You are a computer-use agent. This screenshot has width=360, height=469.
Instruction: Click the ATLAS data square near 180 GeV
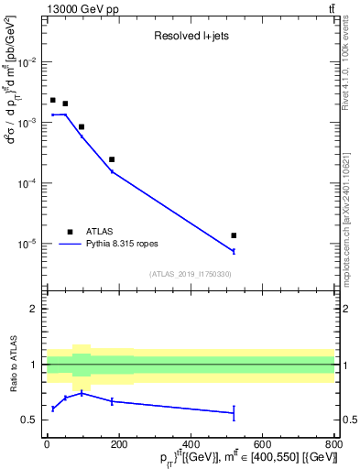[x=112, y=159]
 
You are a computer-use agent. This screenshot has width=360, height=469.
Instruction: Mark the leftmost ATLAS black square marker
[x=53, y=100]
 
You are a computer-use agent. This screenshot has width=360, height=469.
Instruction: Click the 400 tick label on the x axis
[x=191, y=443]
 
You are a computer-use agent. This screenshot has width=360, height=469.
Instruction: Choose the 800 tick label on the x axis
[x=334, y=443]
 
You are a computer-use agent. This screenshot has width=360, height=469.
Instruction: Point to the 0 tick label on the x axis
[x=47, y=443]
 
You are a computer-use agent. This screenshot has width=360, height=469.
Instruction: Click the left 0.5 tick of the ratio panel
[x=33, y=420]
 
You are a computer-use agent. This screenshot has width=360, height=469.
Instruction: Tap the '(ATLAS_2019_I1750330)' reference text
[x=190, y=274]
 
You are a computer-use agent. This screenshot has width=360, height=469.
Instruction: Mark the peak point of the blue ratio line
[x=82, y=393]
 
